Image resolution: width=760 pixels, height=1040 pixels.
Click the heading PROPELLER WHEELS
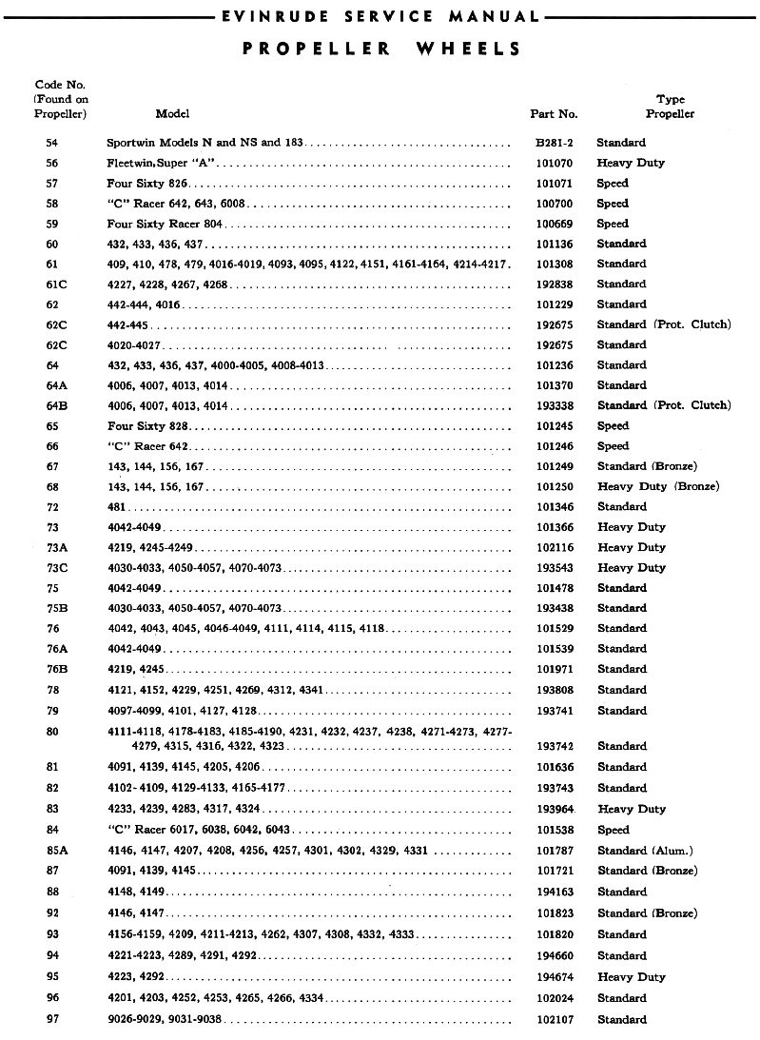pyautogui.click(x=380, y=49)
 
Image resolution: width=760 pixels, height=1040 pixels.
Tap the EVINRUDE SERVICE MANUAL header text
pyautogui.click(x=380, y=16)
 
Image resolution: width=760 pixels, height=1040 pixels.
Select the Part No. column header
pyautogui.click(x=554, y=114)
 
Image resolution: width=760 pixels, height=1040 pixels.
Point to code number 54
pyautogui.click(x=51, y=143)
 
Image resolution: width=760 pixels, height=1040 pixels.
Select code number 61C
pyautogui.click(x=54, y=285)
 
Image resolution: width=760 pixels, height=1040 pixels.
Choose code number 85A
pyautogui.click(x=55, y=850)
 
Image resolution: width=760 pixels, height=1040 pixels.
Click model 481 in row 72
pyautogui.click(x=115, y=506)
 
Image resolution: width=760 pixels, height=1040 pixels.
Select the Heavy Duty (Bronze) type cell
pyautogui.click(x=657, y=486)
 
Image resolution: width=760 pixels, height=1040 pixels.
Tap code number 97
pyautogui.click(x=51, y=1019)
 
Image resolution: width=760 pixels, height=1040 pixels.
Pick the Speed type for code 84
pyautogui.click(x=613, y=830)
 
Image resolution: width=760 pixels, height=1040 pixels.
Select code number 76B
pyautogui.click(x=54, y=669)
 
